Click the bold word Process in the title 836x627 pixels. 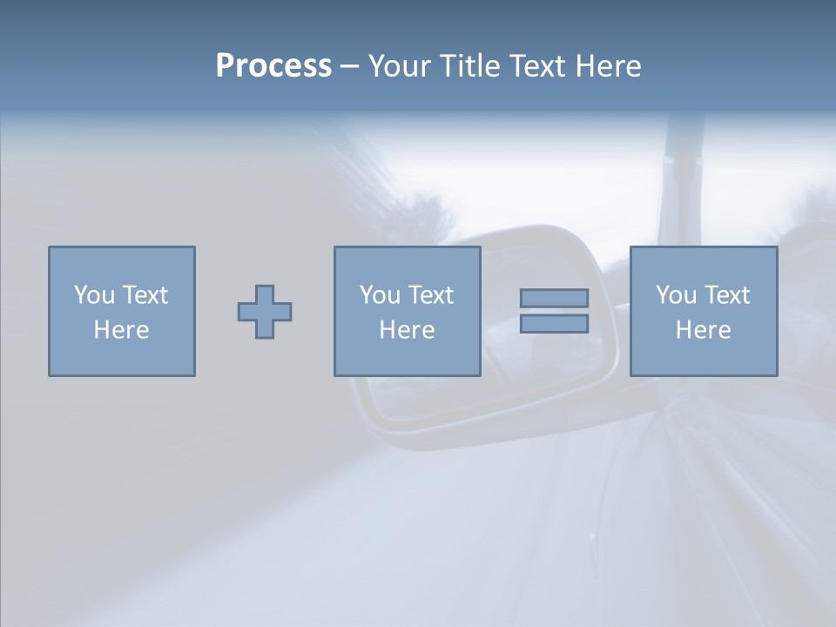click(273, 66)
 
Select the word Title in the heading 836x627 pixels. click(471, 66)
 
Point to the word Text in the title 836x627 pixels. click(540, 66)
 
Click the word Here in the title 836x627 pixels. click(609, 66)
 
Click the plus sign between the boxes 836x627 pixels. click(265, 312)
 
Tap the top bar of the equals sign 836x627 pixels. click(554, 298)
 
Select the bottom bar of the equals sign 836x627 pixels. click(554, 324)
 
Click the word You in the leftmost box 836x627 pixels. click(93, 295)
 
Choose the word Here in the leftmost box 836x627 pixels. click(121, 330)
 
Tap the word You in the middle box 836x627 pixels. click(379, 295)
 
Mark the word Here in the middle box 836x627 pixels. click(407, 330)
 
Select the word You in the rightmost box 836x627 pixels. click(675, 295)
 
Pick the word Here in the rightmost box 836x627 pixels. click(703, 330)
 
